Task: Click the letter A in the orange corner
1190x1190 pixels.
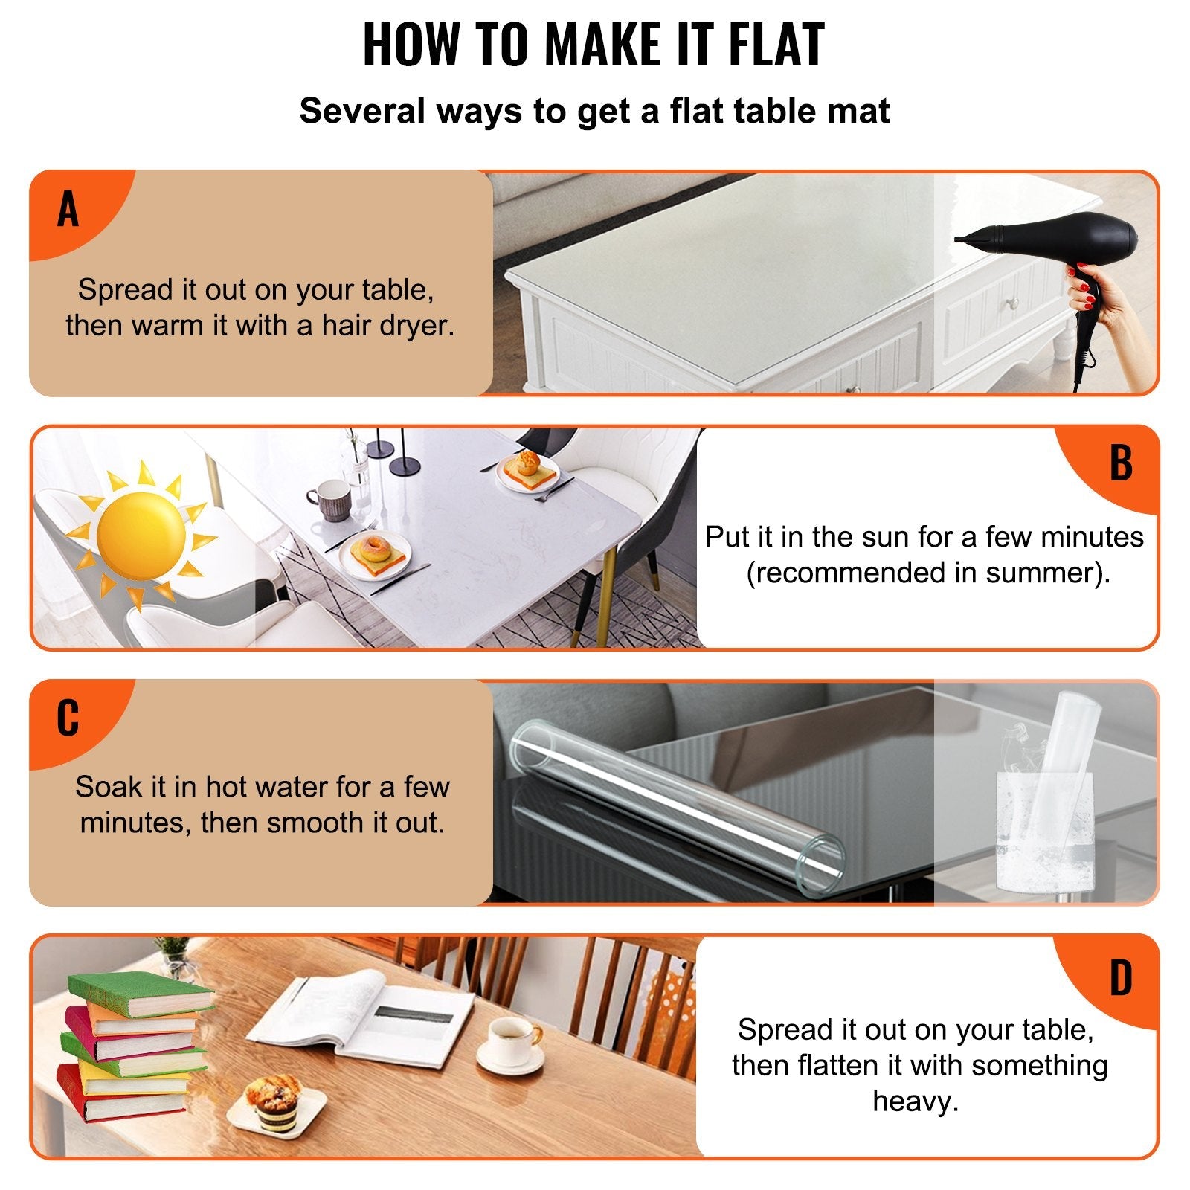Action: click(x=68, y=210)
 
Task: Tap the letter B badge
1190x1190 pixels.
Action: click(x=1121, y=463)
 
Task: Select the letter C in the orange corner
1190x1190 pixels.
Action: click(x=68, y=718)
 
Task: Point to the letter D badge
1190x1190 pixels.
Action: click(x=1121, y=978)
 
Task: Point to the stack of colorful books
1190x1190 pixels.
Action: click(x=134, y=1049)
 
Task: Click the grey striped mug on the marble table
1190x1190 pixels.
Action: click(x=329, y=499)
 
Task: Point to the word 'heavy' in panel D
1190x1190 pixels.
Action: click(x=914, y=1101)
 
